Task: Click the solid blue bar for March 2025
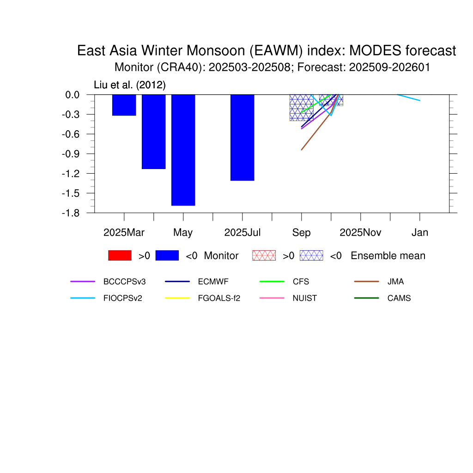(x=124, y=105)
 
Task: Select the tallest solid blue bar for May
(x=183, y=150)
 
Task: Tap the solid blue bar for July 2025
(x=242, y=138)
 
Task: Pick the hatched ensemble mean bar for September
(x=301, y=108)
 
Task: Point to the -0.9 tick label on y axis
(x=71, y=154)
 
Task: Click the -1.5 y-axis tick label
(x=71, y=194)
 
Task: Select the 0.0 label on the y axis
(x=73, y=95)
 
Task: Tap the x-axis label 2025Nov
(x=360, y=233)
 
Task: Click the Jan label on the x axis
(x=419, y=233)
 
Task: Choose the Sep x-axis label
(x=301, y=233)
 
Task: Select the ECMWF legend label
(x=213, y=281)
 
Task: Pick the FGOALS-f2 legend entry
(x=219, y=298)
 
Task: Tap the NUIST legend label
(x=305, y=298)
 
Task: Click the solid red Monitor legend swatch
(x=120, y=255)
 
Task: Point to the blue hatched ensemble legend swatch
(x=311, y=255)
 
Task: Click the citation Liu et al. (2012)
(x=130, y=85)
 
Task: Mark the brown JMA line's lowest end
(x=301, y=150)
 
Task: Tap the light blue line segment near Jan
(x=408, y=97)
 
